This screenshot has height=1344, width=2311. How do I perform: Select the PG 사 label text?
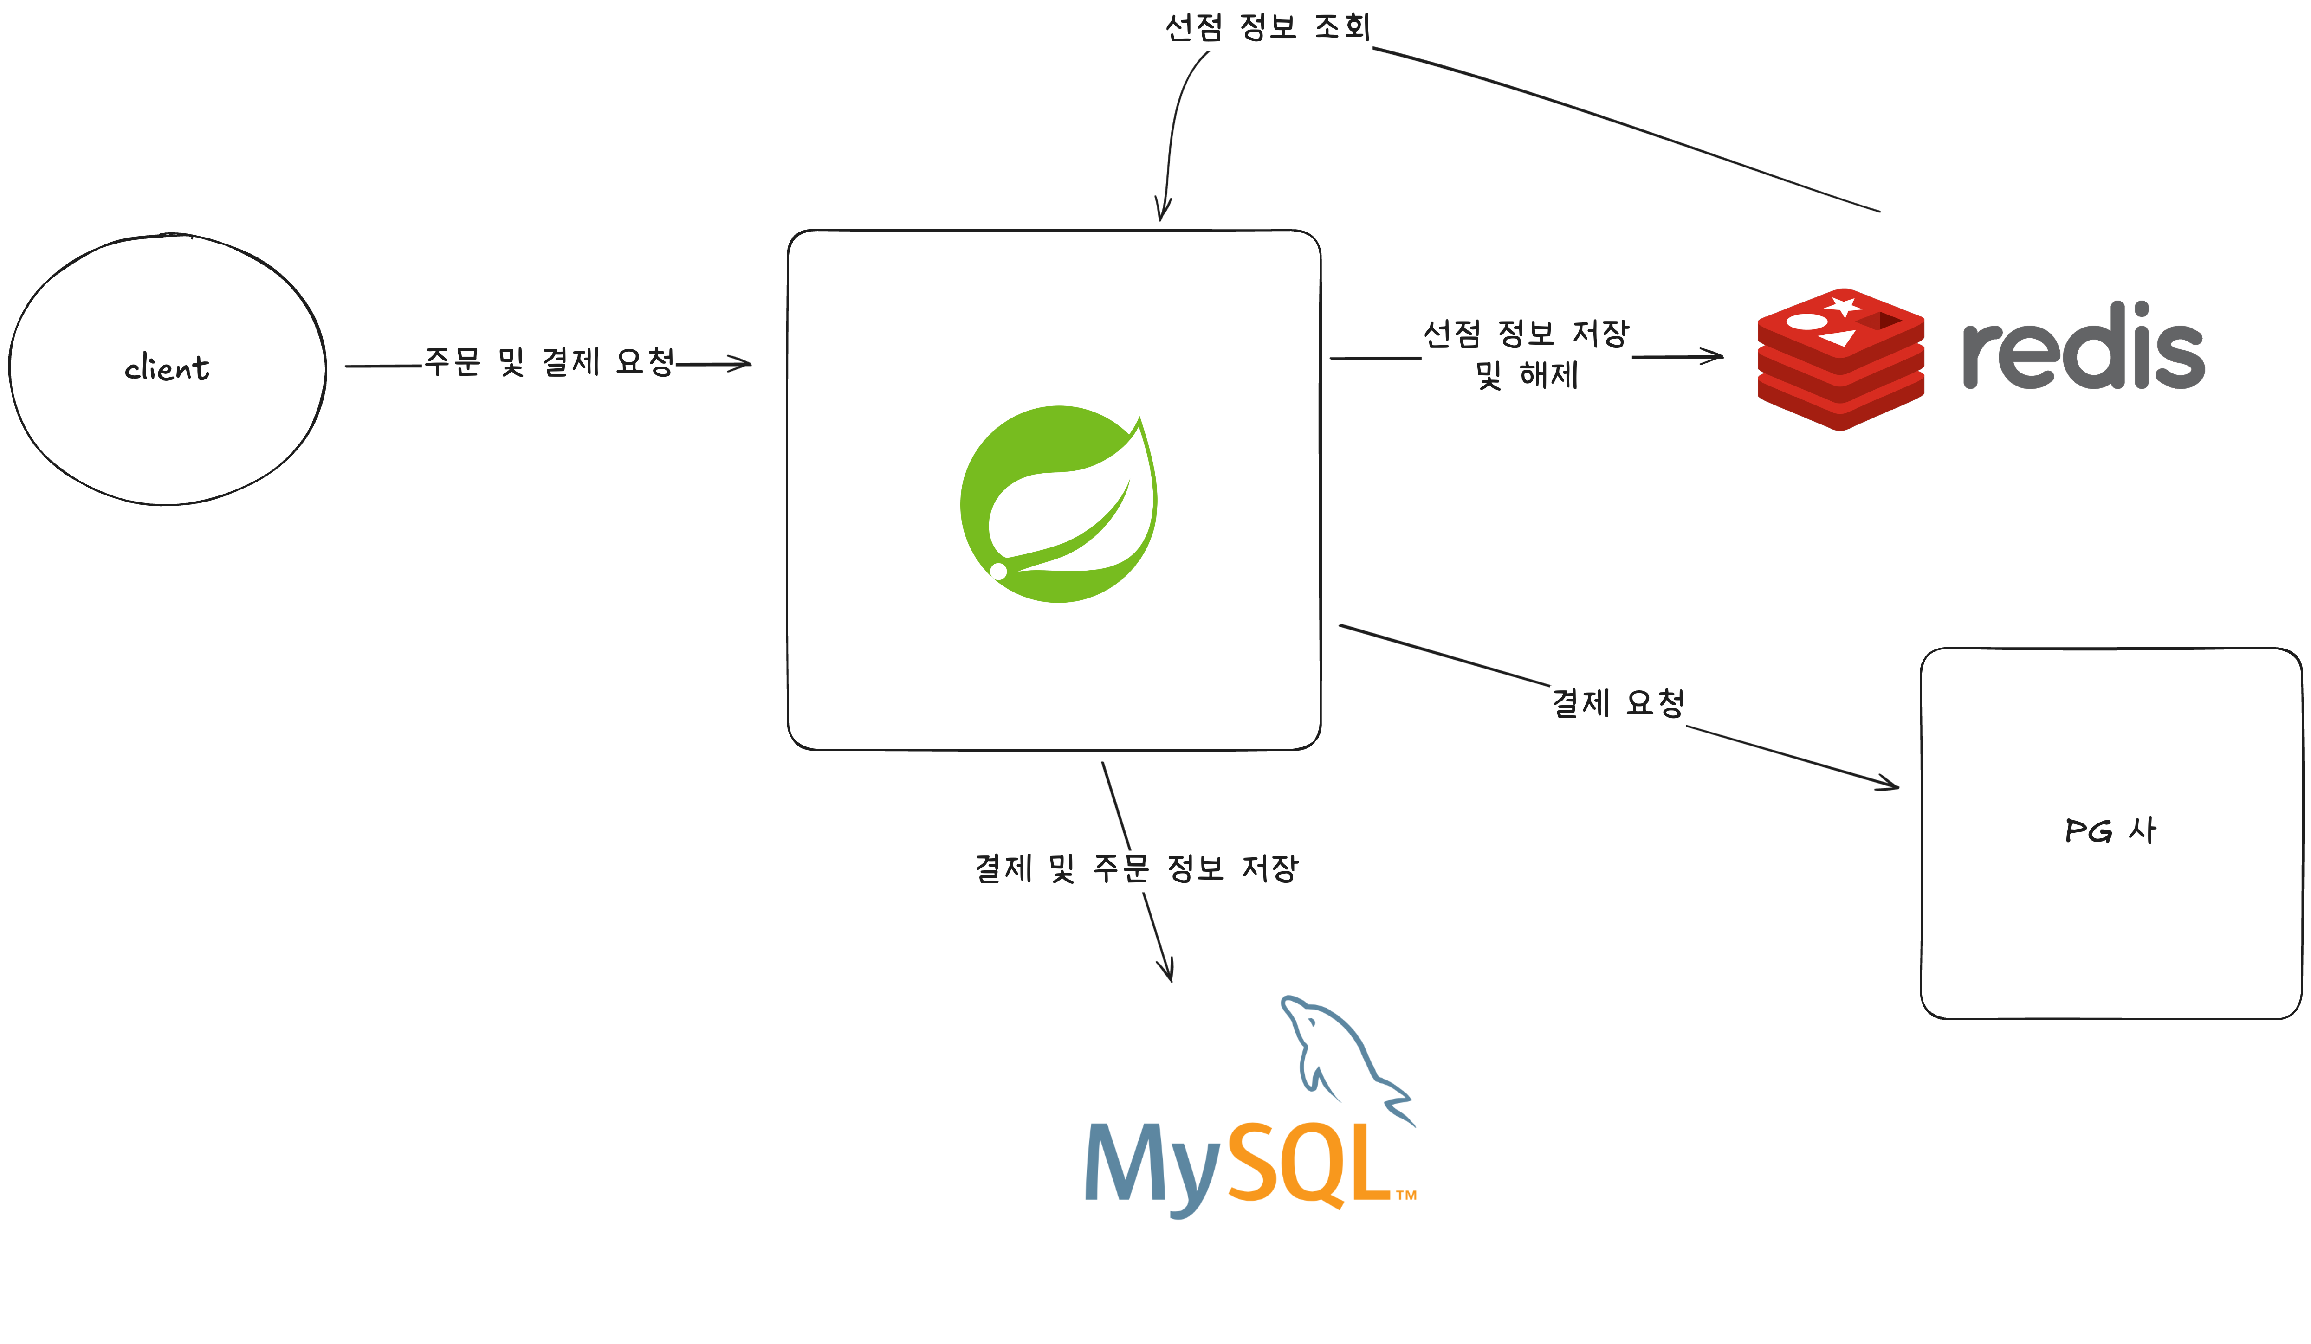click(x=2110, y=830)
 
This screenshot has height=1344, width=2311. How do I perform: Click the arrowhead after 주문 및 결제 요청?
click(x=741, y=364)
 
